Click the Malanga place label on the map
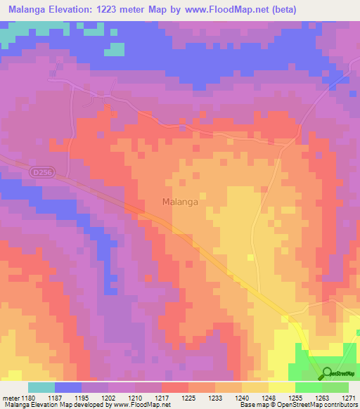pos(179,202)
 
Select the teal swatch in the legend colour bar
pos(41,387)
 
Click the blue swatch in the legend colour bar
pos(68,387)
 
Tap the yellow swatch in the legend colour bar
pos(282,387)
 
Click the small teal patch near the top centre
pos(115,49)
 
